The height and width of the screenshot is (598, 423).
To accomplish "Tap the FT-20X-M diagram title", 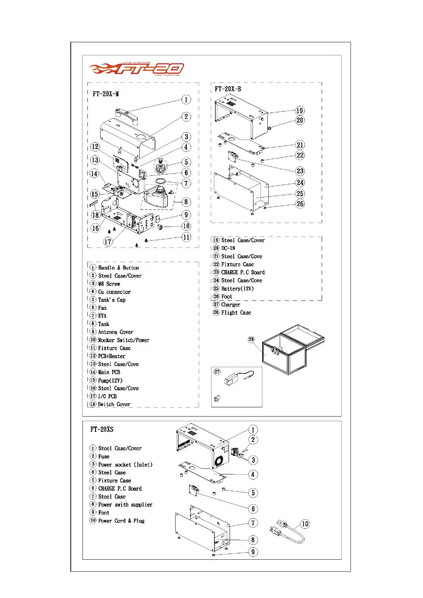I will pos(106,94).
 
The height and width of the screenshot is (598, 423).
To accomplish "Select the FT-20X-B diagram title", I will pos(227,89).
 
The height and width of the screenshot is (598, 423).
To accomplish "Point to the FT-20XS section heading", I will pos(102,429).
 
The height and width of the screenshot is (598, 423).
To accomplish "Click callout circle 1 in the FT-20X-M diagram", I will pos(186,100).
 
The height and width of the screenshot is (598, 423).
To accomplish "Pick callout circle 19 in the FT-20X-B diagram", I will pos(300,110).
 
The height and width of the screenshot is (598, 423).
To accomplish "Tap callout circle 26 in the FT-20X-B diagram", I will pos(300,204).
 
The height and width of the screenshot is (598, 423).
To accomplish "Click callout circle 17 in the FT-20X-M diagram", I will pos(108,242).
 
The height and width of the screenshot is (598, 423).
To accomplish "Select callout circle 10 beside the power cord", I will pos(305,524).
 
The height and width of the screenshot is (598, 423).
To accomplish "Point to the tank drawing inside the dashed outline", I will pos(156,197).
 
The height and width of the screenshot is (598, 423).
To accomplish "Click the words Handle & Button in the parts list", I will pos(118,268).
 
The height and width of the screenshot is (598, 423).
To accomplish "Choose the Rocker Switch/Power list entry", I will pos(124,340).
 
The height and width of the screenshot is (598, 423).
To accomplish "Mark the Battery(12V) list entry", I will pos(237,289).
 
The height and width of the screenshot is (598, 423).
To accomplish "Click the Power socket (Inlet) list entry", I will pos(125,464).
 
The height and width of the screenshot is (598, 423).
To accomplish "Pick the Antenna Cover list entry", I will pos(116,332).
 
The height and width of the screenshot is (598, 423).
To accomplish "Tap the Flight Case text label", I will pos(236,313).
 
